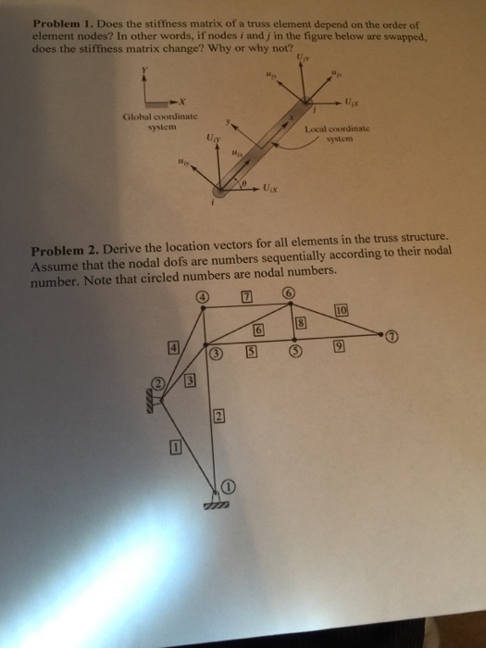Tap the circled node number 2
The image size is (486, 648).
[158, 383]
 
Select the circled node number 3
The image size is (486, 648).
[216, 355]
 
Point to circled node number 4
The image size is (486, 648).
[202, 298]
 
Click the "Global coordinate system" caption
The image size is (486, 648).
[150, 121]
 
